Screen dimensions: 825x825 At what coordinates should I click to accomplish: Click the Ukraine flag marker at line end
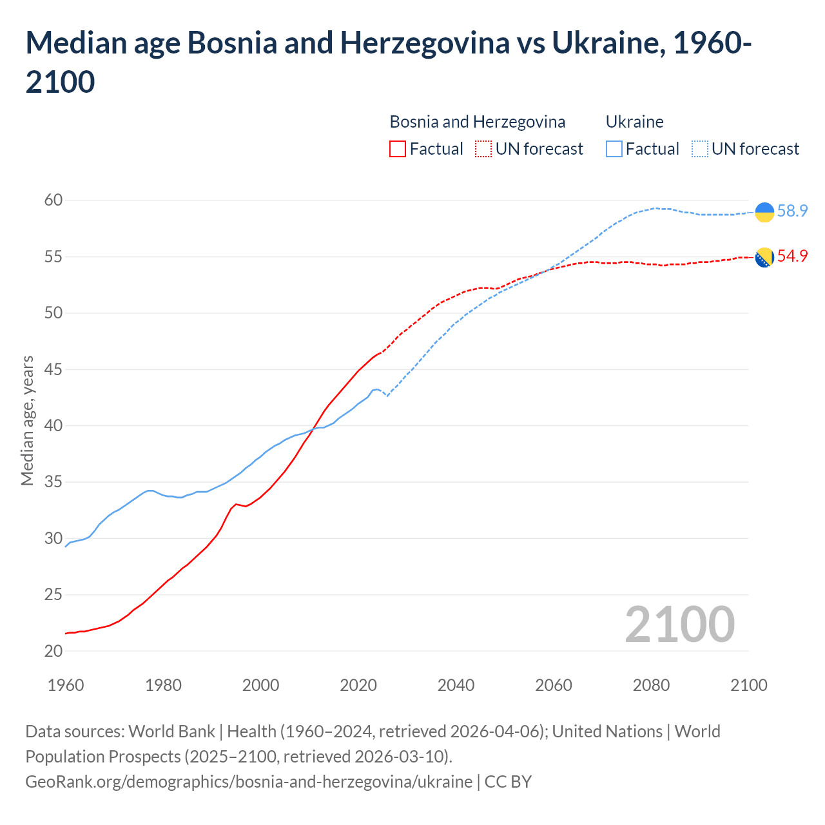tap(764, 212)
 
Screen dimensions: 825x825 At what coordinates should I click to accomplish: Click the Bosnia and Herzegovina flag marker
tap(764, 257)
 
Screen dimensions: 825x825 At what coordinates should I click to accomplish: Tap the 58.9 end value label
tap(792, 211)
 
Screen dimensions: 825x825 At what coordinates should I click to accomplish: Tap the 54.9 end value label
tap(792, 256)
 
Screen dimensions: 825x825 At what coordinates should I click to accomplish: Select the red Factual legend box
tap(398, 149)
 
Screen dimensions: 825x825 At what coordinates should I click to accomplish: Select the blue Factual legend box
tap(614, 149)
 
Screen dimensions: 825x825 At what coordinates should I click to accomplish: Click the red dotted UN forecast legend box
tap(483, 149)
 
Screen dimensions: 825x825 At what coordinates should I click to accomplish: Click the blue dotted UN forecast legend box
tap(700, 149)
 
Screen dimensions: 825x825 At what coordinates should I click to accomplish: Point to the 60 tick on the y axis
tap(53, 200)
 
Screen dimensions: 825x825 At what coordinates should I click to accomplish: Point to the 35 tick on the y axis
tap(53, 482)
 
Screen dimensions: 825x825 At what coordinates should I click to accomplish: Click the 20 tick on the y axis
tap(53, 651)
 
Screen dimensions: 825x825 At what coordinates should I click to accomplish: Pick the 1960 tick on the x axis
tap(66, 685)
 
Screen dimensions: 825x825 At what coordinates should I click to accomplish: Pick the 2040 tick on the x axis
tap(456, 685)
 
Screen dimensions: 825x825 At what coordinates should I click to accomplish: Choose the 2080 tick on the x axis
tap(651, 685)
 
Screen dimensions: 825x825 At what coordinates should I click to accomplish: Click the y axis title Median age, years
tap(27, 420)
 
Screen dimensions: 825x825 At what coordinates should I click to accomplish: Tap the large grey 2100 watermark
tap(679, 624)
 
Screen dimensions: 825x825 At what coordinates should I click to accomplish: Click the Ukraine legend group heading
tap(634, 122)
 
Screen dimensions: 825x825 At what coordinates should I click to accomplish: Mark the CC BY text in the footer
tap(508, 782)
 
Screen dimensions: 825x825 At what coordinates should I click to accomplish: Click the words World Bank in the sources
tap(171, 732)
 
